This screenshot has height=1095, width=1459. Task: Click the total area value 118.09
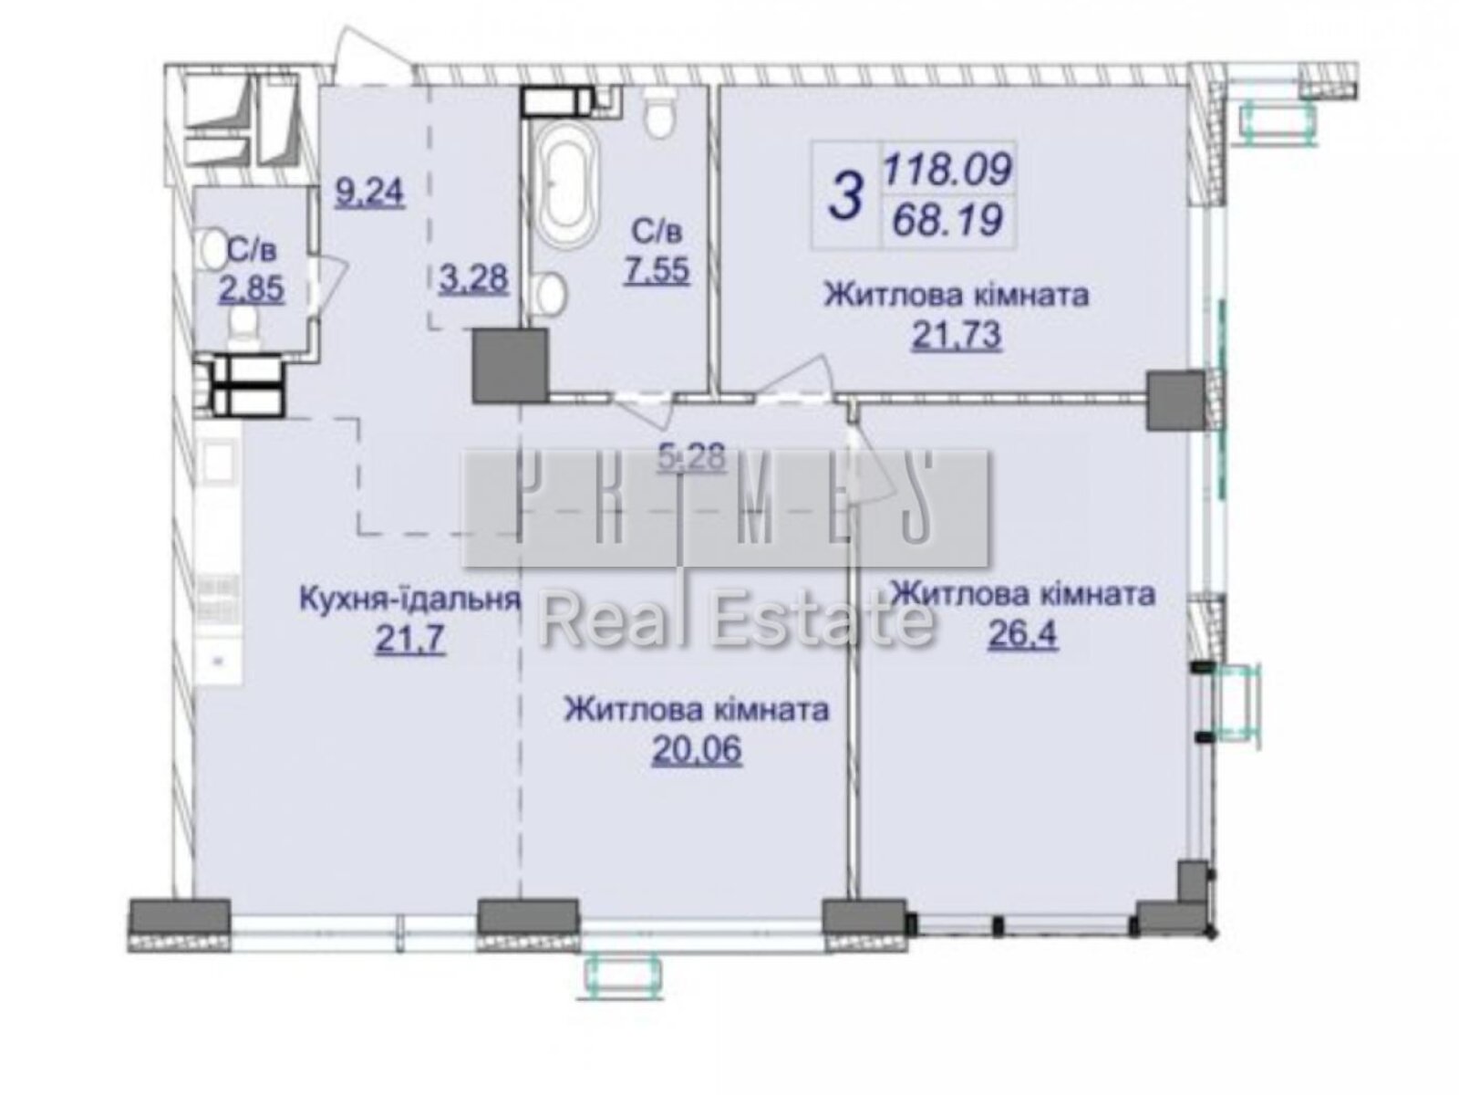(x=947, y=170)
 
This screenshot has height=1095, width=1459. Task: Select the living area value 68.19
(x=947, y=220)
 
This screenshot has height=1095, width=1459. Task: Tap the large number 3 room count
(x=846, y=195)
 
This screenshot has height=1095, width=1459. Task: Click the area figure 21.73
(x=957, y=336)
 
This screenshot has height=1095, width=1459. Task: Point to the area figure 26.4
(x=1022, y=633)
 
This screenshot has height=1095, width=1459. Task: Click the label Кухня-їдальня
(x=409, y=600)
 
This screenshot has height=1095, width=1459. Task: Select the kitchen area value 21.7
(x=409, y=640)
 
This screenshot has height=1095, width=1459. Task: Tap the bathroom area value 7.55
(x=656, y=271)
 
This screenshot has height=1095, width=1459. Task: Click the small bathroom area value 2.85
(x=251, y=289)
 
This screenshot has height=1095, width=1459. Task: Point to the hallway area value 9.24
(x=368, y=193)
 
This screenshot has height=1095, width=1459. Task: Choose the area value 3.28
(x=472, y=276)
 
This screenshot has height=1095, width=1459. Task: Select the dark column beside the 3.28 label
(x=509, y=366)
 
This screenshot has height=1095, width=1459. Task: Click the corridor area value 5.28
(x=694, y=455)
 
